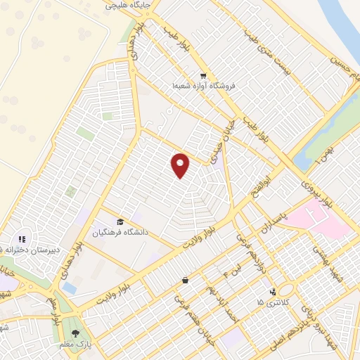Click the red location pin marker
181,165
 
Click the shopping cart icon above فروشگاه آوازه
202,76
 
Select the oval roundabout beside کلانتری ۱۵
286,290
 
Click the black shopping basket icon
185,281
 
